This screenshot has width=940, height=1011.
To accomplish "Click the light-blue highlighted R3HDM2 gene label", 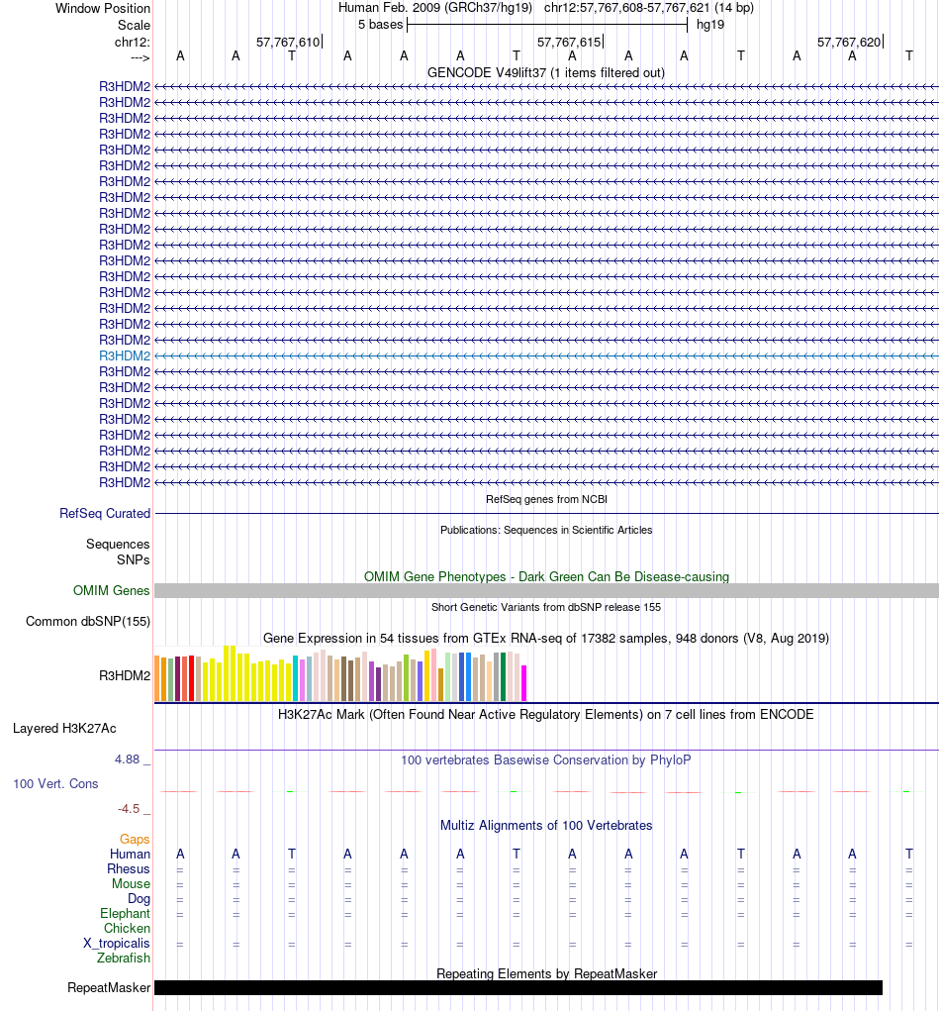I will [125, 355].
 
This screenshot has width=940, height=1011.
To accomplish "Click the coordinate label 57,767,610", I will [288, 43].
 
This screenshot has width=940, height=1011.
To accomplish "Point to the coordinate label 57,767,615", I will [569, 43].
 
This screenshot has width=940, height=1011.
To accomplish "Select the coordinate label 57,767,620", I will [849, 43].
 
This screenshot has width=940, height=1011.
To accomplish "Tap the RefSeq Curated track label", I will [105, 514].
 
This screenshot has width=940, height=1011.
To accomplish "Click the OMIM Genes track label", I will [112, 591].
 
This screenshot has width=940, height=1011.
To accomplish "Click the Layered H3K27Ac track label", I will [64, 729].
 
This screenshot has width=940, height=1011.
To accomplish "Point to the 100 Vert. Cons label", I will [55, 783].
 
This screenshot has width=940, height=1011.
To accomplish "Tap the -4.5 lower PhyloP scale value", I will [130, 808].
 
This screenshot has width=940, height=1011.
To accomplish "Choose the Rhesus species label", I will [129, 869].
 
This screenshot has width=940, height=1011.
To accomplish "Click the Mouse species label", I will [131, 884].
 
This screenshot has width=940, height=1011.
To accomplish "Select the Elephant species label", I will [125, 914].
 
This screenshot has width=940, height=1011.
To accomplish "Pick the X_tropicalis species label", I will [117, 944].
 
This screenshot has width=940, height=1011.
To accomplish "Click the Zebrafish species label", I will [124, 959].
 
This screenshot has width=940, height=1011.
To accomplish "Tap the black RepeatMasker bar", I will [517, 987].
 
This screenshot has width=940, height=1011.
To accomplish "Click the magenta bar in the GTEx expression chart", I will [524, 682].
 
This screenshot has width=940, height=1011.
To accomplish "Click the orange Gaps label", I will [135, 840].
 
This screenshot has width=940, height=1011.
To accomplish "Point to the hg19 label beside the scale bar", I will [710, 24].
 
